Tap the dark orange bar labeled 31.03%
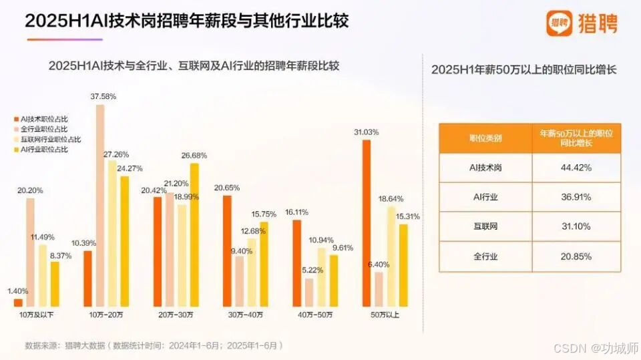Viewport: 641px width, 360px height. (x=366, y=223)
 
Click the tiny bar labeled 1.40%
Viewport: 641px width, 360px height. (x=17, y=303)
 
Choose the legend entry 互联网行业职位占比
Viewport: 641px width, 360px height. (x=50, y=139)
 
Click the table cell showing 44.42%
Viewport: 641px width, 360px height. (x=576, y=168)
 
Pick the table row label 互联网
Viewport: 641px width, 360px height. (x=485, y=226)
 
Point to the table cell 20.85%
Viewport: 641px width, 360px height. (x=576, y=256)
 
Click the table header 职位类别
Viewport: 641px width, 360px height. (x=485, y=138)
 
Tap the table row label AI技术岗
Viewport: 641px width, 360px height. (x=485, y=168)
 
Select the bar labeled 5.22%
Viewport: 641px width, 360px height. (x=309, y=293)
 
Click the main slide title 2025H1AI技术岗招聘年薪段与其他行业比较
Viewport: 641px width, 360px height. (x=187, y=21)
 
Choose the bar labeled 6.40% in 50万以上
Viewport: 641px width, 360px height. (x=379, y=289)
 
